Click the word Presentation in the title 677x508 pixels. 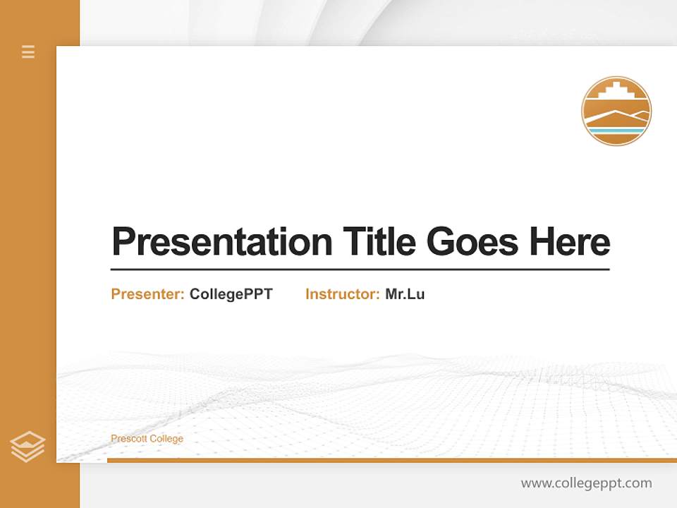221,242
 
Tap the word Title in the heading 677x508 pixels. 379,242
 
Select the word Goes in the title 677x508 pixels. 473,242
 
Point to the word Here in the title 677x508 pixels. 570,242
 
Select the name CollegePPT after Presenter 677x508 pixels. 231,294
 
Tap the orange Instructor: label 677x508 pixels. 342,294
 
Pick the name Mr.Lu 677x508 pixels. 405,294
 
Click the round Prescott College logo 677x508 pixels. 616,111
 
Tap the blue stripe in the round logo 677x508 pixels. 616,131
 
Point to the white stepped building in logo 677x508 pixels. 616,93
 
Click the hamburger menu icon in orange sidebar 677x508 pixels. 28,52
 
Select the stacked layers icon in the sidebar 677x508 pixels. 28,447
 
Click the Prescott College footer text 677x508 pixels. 147,439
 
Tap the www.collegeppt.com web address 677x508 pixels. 586,483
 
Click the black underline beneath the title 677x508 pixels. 360,269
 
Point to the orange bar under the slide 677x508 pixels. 391,460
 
